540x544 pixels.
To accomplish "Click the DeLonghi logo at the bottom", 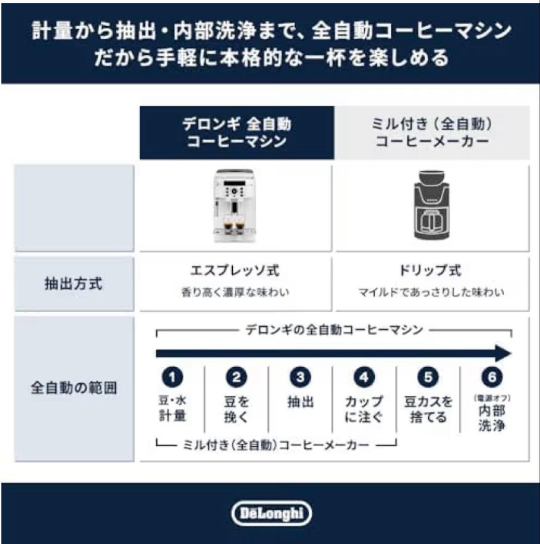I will pyautogui.click(x=272, y=513).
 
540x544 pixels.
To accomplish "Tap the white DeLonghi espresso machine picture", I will pyautogui.click(x=233, y=205).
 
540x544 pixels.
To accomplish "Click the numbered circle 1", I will pyautogui.click(x=172, y=377).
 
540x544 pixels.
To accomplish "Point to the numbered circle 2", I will pyautogui.click(x=236, y=377).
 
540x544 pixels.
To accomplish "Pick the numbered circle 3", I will pyautogui.click(x=300, y=377).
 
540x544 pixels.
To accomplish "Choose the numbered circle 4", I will pyautogui.click(x=364, y=377).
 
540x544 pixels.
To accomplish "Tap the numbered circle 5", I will pyautogui.click(x=428, y=377).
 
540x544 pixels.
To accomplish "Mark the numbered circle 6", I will pyautogui.click(x=492, y=377).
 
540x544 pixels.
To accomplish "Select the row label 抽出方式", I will pyautogui.click(x=74, y=284).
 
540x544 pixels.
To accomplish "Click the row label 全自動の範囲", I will pyautogui.click(x=74, y=388).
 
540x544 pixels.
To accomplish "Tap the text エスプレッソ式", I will pyautogui.click(x=235, y=270).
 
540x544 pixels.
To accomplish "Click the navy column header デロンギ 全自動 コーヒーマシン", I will pyautogui.click(x=237, y=133).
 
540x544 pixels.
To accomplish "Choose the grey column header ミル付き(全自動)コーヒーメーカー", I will pyautogui.click(x=432, y=133).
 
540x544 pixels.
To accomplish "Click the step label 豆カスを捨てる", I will pyautogui.click(x=428, y=410).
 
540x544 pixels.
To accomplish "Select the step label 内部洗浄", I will pyautogui.click(x=492, y=418).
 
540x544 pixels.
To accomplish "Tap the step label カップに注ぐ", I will pyautogui.click(x=364, y=410).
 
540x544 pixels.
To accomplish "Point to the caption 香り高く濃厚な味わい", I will pyautogui.click(x=235, y=292).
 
